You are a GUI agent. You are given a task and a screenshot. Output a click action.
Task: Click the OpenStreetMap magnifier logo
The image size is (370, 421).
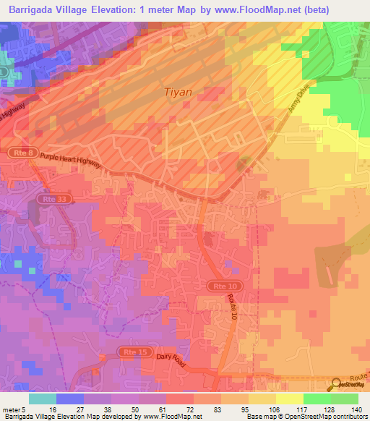[x=337, y=386]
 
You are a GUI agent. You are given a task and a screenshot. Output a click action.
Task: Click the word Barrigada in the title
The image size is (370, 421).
[x=33, y=9]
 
